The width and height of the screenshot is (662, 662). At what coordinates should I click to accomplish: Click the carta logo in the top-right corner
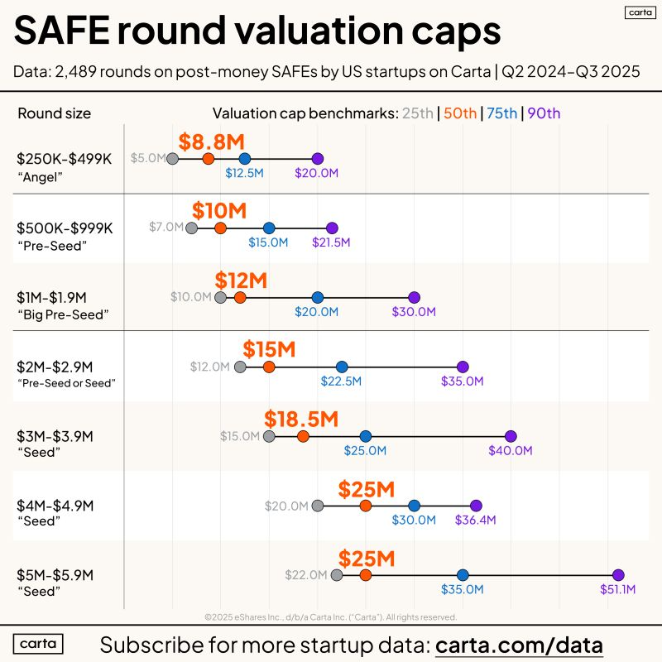[636, 12]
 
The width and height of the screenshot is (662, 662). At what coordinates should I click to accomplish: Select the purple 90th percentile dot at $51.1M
[617, 575]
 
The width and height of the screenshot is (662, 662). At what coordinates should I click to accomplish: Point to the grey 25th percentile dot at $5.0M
[172, 158]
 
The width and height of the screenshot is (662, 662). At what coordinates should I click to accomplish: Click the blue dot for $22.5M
[342, 367]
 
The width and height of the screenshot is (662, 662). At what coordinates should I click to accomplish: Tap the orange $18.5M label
[301, 420]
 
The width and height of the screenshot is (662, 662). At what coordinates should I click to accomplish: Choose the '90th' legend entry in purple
[544, 113]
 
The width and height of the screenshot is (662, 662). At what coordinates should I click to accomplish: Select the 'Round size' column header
[55, 113]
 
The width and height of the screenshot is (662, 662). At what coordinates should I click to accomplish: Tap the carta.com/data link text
[519, 645]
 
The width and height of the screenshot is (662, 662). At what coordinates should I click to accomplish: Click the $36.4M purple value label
[475, 520]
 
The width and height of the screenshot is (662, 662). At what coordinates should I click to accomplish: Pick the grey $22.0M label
[306, 575]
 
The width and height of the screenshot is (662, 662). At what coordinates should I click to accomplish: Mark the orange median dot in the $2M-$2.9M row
[269, 367]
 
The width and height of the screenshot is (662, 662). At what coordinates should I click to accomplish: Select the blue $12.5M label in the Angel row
[244, 173]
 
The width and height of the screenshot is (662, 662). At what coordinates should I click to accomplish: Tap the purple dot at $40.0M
[511, 436]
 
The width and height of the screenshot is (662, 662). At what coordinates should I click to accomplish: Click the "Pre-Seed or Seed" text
[67, 383]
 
